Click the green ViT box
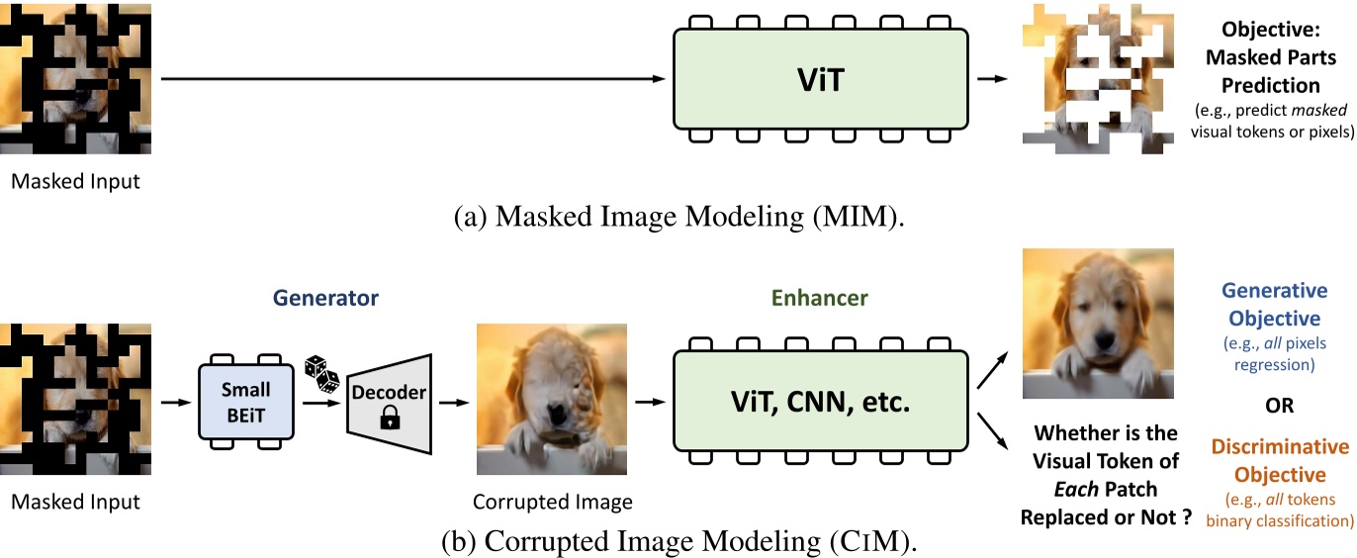pyautogui.click(x=820, y=79)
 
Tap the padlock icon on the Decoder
pyautogui.click(x=388, y=420)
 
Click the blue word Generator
pyautogui.click(x=327, y=297)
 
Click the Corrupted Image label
pyautogui.click(x=552, y=502)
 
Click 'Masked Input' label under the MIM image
pyautogui.click(x=75, y=181)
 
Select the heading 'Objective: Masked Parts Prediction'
pyautogui.click(x=1276, y=58)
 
